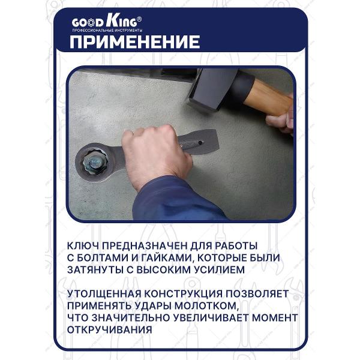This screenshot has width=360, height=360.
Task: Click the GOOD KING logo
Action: click(x=107, y=22)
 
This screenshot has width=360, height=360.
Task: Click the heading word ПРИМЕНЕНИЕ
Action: click(x=135, y=42)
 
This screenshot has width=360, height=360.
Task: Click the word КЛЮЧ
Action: click(x=85, y=246)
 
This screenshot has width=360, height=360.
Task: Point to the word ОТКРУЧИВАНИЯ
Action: click(x=110, y=329)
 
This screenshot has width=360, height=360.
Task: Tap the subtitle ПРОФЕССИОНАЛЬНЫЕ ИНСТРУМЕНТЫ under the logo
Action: click(x=107, y=30)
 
